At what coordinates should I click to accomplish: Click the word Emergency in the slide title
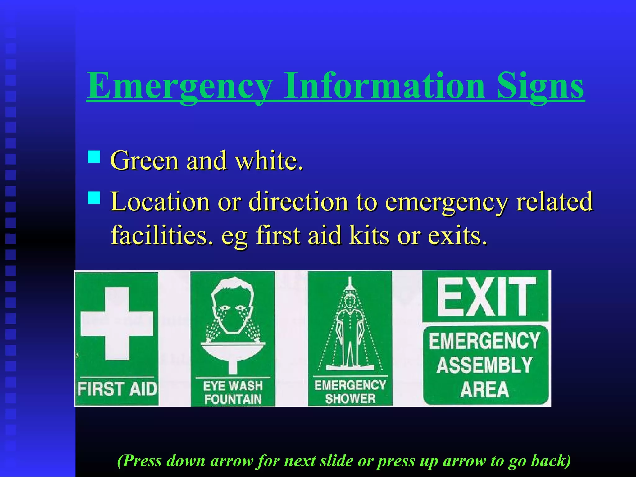[179, 85]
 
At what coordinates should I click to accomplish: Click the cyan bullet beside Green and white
[94, 157]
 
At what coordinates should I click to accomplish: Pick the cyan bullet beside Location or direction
[94, 198]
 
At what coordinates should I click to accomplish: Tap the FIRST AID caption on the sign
[117, 389]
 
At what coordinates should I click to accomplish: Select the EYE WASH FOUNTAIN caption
[233, 393]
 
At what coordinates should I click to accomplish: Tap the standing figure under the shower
[350, 332]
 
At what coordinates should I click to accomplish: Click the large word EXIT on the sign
[485, 297]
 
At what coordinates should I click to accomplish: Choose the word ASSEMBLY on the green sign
[484, 365]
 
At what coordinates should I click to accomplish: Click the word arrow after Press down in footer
[231, 461]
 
